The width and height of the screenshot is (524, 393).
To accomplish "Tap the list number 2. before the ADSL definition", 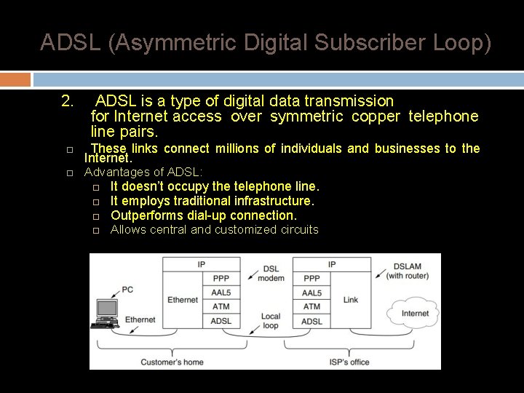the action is (x=68, y=100).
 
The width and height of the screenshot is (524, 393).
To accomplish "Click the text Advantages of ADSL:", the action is (x=144, y=172).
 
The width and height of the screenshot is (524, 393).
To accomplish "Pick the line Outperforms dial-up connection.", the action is (x=204, y=215).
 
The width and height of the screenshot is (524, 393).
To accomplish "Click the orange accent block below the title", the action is (x=15, y=79).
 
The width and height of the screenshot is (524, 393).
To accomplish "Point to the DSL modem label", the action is (x=271, y=274).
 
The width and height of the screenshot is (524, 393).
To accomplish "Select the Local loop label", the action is (x=271, y=321).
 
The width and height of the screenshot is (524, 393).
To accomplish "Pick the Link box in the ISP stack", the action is (x=350, y=300).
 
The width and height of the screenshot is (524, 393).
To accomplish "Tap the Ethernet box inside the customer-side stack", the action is (x=183, y=300).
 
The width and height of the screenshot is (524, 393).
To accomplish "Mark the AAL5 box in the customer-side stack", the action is (x=221, y=293).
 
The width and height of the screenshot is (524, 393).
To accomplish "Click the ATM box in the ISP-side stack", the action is (x=311, y=306).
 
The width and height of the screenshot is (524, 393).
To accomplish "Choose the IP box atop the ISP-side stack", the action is (x=331, y=264).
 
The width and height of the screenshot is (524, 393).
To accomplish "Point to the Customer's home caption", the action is (x=172, y=362).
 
